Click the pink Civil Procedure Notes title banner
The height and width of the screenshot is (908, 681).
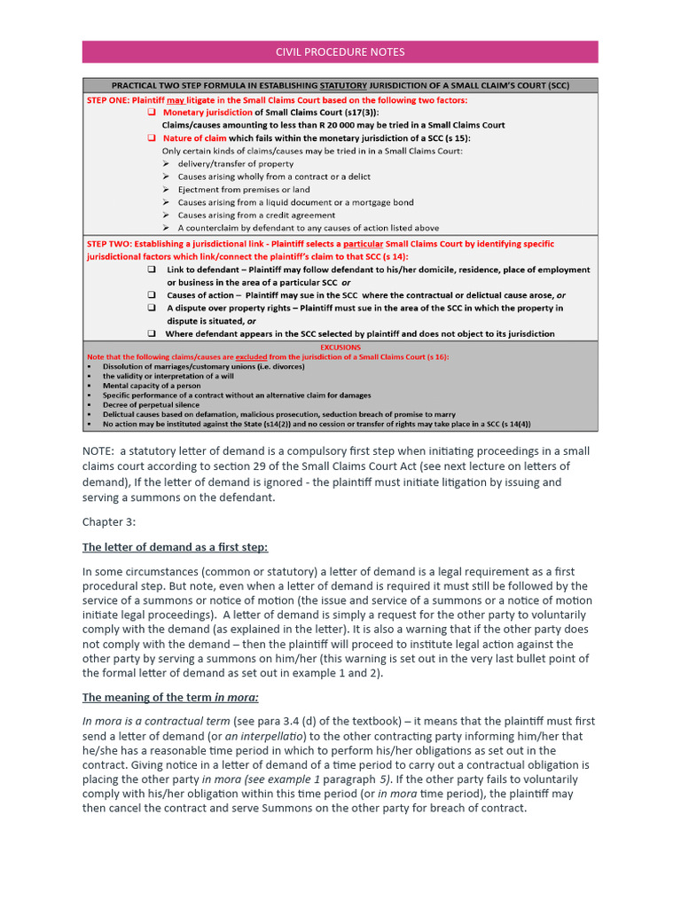(340, 51)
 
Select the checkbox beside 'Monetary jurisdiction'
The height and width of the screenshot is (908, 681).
(152, 113)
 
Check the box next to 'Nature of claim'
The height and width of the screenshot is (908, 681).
(152, 138)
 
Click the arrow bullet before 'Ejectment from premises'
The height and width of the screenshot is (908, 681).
(166, 190)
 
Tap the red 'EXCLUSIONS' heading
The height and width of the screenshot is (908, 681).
(340, 348)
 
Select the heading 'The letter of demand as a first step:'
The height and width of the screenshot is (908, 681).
(175, 547)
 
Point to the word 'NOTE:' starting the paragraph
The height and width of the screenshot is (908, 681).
(98, 451)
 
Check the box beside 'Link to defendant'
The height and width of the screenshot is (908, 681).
(152, 270)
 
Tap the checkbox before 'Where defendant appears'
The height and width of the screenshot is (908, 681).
(152, 333)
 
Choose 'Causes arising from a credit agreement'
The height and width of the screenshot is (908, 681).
(256, 215)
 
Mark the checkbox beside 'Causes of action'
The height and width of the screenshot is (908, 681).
(152, 295)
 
